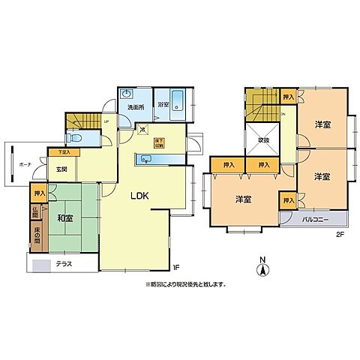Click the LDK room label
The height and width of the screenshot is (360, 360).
click(x=139, y=196)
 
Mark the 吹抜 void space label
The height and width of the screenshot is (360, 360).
click(x=263, y=140)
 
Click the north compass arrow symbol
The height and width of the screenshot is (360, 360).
click(x=262, y=268)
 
